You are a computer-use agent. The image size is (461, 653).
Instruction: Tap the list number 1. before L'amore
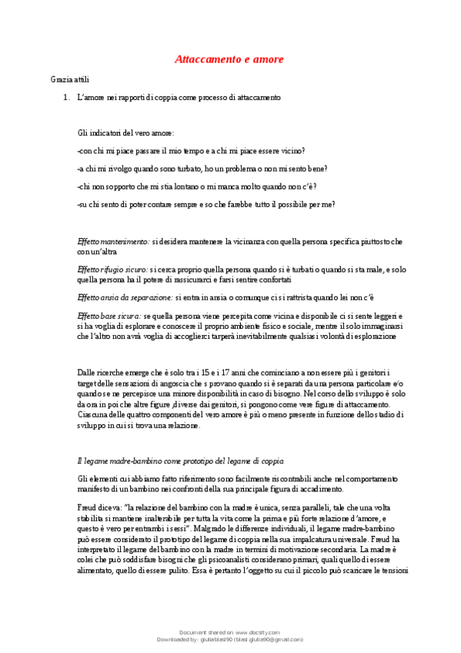coord(65,98)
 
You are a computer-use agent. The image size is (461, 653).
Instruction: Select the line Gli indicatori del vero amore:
coord(126,133)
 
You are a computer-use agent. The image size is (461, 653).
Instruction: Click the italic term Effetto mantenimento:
coord(114,242)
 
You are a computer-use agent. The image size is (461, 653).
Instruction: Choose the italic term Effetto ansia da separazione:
coord(125,296)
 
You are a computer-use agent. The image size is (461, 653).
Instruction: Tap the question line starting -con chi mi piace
coord(191,151)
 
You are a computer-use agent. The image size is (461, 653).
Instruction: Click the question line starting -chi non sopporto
coord(197,186)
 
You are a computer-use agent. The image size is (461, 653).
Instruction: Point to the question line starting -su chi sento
coord(205,204)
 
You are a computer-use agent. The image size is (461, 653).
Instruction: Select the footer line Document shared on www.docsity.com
coord(230,631)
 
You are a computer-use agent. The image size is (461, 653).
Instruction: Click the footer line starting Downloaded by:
coord(230,639)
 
